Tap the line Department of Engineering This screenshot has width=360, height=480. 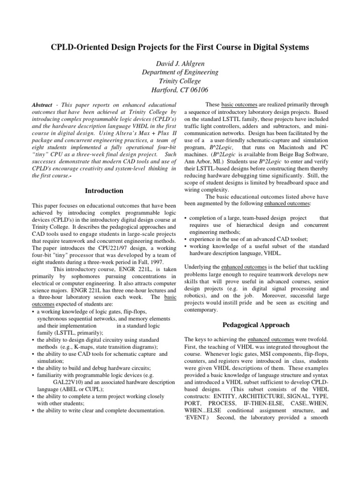tap(180, 72)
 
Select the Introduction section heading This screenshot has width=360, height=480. tap(104, 191)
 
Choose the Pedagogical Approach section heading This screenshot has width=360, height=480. tap(257, 324)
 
